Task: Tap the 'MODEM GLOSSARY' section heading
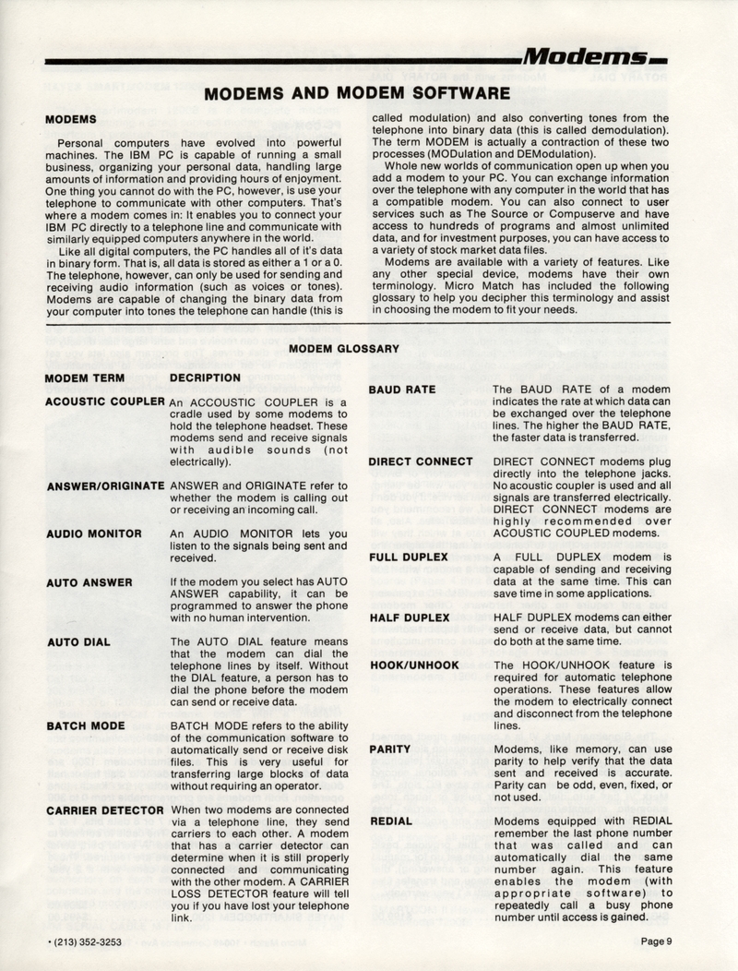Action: pyautogui.click(x=345, y=349)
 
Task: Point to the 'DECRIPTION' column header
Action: pyautogui.click(x=206, y=378)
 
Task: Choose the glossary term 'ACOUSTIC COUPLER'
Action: pyautogui.click(x=104, y=402)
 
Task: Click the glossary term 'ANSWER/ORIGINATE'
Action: pyautogui.click(x=104, y=485)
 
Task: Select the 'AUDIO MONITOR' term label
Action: pyautogui.click(x=93, y=533)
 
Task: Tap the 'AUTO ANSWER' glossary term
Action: pyautogui.click(x=88, y=582)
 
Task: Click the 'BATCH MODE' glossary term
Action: pyautogui.click(x=85, y=726)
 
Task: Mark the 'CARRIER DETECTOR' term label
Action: pyautogui.click(x=104, y=809)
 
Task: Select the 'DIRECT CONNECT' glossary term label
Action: pyautogui.click(x=421, y=462)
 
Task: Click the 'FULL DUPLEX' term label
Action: pyautogui.click(x=408, y=557)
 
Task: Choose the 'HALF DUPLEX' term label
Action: pyautogui.click(x=408, y=617)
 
